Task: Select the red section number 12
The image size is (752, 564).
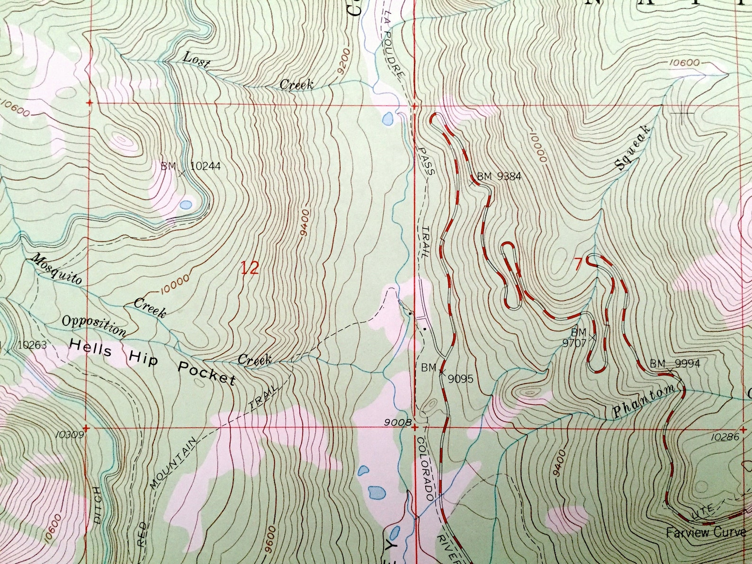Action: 250,269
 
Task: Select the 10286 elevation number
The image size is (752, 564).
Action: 725,437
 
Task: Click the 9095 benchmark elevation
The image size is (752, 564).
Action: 460,378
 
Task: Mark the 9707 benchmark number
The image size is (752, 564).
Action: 578,341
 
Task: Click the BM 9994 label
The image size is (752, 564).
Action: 674,364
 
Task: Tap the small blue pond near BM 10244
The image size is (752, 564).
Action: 186,205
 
